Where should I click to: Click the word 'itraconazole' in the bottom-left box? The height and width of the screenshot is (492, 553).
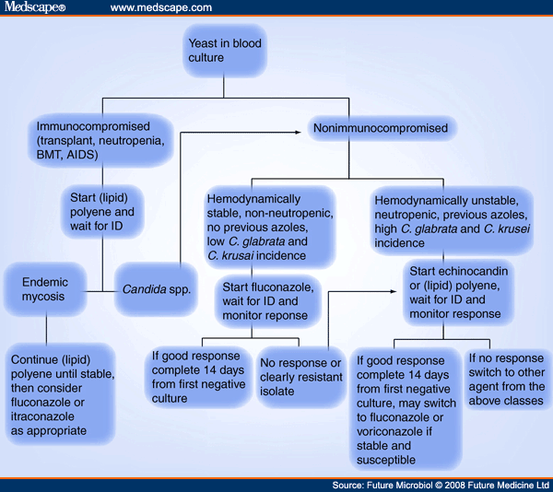point(41,416)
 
